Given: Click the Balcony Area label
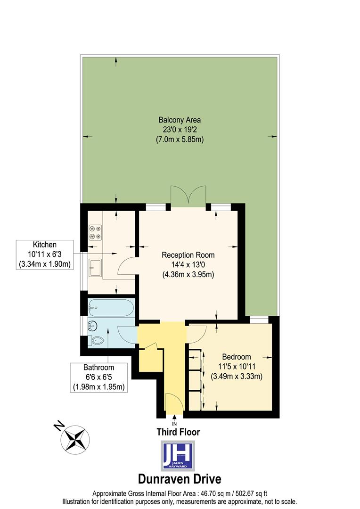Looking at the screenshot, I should click(180, 130).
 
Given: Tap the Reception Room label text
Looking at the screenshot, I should click(188, 264).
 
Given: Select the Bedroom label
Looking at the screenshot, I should click(237, 366).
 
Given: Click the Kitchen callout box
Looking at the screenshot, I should click(45, 254).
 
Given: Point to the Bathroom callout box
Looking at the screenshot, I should click(99, 378).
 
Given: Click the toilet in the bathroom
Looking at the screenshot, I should click(98, 340).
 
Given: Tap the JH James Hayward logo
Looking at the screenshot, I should click(178, 456).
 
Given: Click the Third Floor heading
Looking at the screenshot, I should click(178, 432).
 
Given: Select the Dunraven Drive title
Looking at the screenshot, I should click(179, 479).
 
